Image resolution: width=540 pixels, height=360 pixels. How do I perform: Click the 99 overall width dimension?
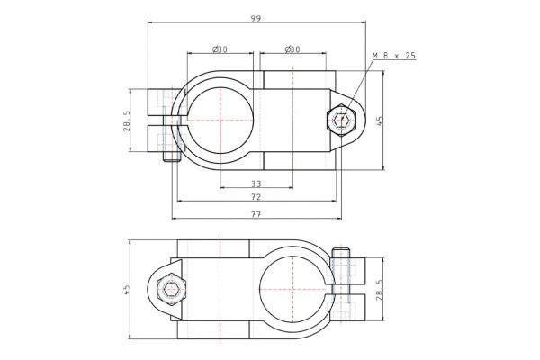[256, 18]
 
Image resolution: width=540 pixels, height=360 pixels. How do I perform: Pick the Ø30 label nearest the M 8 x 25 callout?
[292, 49]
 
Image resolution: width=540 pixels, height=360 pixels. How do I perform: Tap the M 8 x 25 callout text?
[394, 56]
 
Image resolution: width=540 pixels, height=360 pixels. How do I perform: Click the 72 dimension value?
[256, 196]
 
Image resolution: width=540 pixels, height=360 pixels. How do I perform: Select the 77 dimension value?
[256, 214]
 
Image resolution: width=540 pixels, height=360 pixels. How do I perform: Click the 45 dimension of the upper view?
[380, 120]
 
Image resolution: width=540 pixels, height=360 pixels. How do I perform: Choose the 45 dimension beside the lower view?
[127, 290]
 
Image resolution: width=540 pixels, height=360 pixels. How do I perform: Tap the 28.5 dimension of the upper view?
[127, 121]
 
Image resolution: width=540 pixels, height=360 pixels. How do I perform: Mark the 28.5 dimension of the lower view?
[379, 290]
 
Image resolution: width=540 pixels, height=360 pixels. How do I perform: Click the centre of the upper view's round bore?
[220, 120]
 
